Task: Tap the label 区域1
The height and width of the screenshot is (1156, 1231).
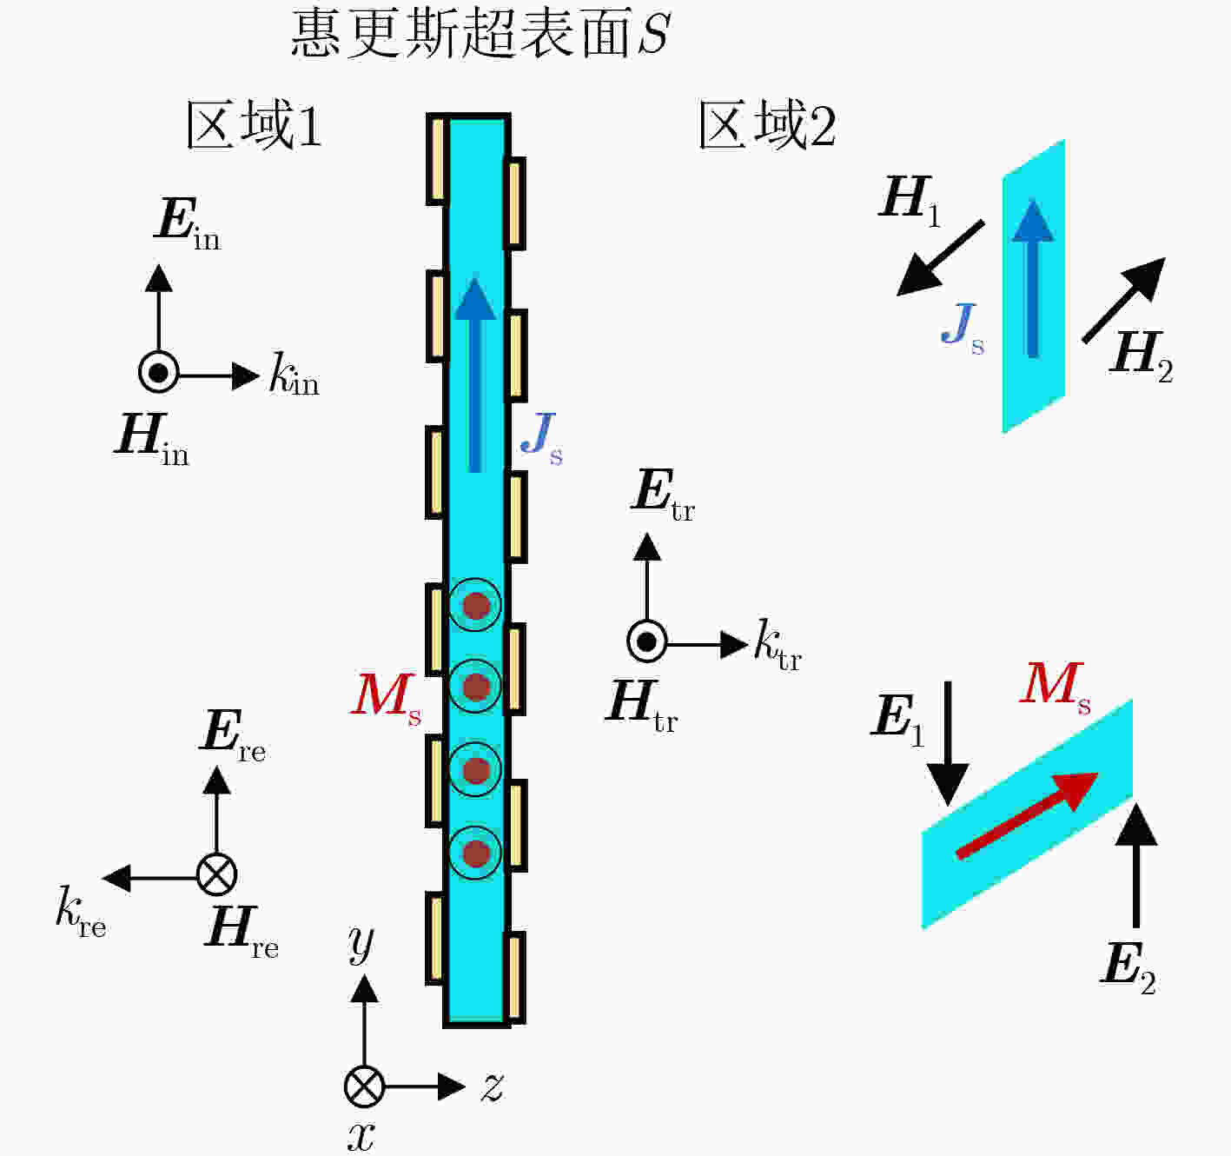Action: (x=255, y=125)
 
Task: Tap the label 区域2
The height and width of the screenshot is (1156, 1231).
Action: (x=768, y=125)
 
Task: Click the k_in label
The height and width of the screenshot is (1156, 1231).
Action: (x=294, y=374)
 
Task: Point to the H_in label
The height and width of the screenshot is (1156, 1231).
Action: (x=152, y=439)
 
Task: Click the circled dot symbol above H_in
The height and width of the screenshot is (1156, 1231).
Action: (x=159, y=373)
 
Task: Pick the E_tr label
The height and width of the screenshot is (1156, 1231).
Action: (x=663, y=495)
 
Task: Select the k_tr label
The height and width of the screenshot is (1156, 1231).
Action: (x=778, y=645)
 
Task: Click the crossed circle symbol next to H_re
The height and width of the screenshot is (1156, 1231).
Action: (x=217, y=874)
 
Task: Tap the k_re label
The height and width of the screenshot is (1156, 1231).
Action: (x=81, y=910)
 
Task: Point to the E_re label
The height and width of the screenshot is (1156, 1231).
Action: (x=233, y=736)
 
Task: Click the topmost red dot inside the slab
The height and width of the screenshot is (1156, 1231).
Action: (x=476, y=606)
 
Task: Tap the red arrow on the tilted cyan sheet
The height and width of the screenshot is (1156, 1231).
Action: (x=1027, y=815)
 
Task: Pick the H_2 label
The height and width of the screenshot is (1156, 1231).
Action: (x=1142, y=356)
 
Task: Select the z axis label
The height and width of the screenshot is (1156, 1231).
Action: (x=493, y=1086)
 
